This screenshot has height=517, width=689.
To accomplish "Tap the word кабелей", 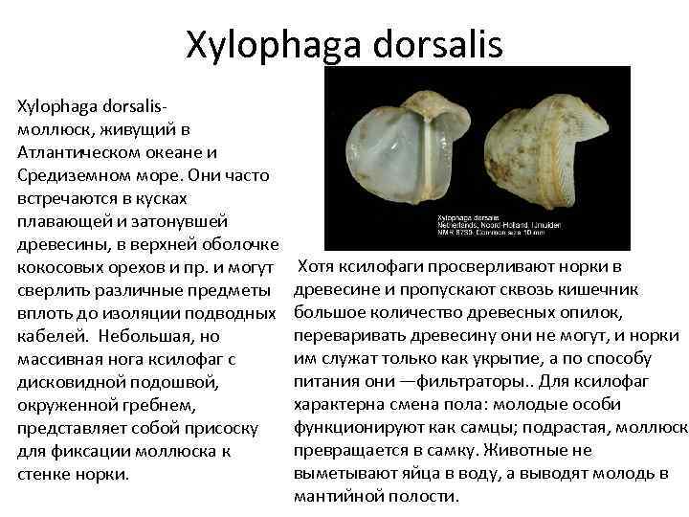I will point(49,335).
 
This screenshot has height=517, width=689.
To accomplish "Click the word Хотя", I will point(320,266).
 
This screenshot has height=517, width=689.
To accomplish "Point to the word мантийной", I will point(338,496).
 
